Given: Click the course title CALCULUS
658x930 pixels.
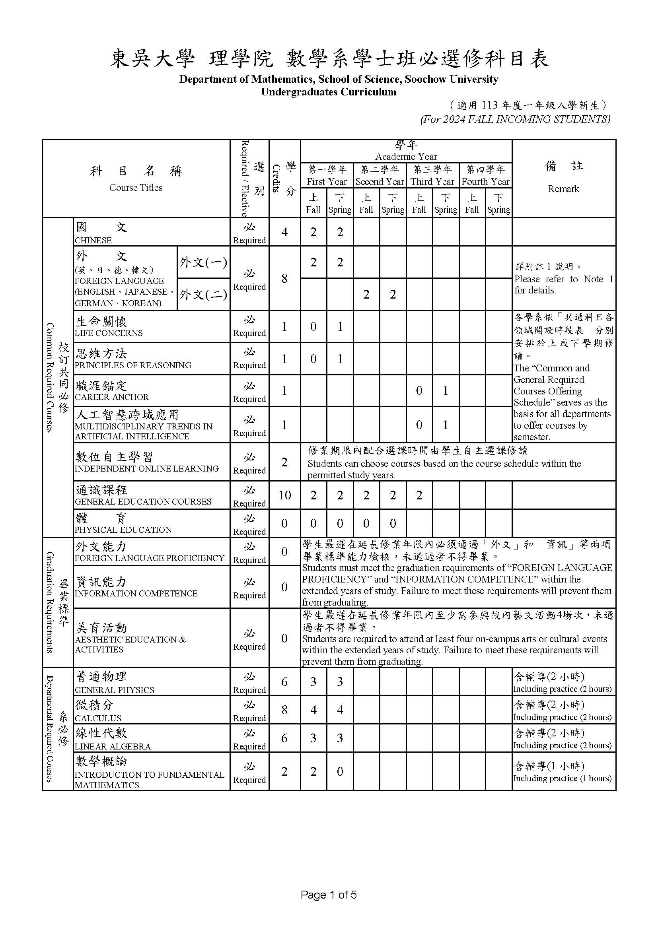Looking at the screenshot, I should [98, 718].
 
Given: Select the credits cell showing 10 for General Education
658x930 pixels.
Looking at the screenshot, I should [284, 495].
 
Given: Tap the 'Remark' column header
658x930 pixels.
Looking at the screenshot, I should [563, 188].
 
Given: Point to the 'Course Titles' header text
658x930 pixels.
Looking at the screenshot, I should [136, 188].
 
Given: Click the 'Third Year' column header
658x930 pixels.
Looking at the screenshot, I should [432, 181].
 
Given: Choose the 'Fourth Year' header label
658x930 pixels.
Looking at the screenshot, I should [485, 181].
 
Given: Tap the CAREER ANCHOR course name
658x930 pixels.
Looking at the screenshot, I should [112, 397].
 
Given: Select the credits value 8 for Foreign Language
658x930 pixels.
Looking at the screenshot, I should [284, 278].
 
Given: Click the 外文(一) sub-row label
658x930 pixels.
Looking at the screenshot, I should [203, 262].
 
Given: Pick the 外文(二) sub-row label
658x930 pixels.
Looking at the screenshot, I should [203, 295].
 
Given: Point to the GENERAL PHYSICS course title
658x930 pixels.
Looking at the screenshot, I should [114, 690].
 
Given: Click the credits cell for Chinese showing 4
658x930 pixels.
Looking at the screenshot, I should [284, 232].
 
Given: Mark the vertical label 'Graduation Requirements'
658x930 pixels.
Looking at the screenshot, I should [50, 602].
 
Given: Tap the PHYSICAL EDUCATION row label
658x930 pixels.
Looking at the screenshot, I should [123, 530].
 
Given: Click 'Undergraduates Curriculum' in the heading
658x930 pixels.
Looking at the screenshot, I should [328, 92].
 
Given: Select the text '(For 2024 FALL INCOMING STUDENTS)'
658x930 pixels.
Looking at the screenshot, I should [515, 119].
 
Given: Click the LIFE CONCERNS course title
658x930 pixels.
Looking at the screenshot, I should [109, 333].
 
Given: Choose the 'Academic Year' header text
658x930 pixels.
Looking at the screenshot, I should [406, 156].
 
